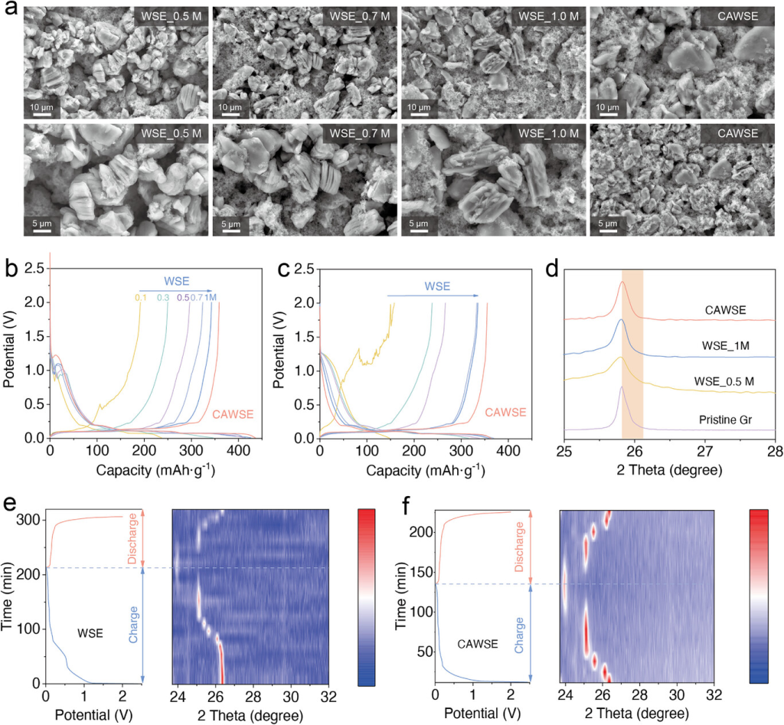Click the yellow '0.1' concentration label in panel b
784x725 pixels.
(x=140, y=296)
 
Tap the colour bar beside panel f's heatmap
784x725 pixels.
(x=764, y=596)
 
